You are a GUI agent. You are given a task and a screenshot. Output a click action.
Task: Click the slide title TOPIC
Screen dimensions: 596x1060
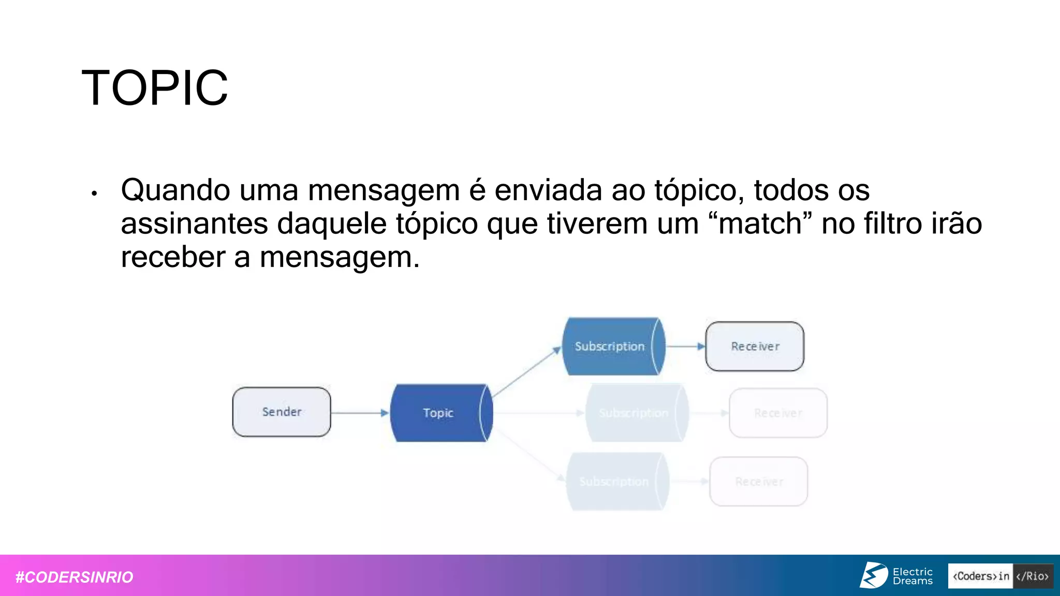(155, 88)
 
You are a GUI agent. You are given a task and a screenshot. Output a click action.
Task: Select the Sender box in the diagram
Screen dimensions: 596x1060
(282, 412)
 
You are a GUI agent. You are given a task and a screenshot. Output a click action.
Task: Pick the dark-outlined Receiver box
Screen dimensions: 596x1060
(755, 346)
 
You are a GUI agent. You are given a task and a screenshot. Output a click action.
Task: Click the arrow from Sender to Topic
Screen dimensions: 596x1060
(360, 413)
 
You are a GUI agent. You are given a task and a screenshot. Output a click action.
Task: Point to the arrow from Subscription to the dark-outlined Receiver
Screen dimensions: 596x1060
(685, 346)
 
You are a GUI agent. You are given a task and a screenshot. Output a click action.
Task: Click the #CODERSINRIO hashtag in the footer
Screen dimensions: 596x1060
(75, 577)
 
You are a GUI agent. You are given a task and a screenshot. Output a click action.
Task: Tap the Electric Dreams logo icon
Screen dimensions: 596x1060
(874, 575)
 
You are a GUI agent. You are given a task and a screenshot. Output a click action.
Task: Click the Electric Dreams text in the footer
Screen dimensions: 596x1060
(912, 576)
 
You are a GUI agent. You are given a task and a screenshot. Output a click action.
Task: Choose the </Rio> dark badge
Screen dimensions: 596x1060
(1033, 576)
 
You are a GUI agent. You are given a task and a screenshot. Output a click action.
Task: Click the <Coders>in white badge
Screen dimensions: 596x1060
(980, 576)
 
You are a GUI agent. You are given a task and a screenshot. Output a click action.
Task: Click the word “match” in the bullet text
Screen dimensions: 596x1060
(760, 224)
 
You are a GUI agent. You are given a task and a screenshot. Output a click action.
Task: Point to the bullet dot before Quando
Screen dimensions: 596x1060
(94, 194)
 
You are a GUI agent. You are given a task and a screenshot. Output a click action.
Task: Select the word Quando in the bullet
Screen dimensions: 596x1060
(175, 190)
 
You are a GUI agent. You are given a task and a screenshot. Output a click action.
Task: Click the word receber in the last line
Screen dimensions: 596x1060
(172, 257)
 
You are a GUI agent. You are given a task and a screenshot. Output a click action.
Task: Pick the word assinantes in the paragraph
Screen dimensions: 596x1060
(194, 224)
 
